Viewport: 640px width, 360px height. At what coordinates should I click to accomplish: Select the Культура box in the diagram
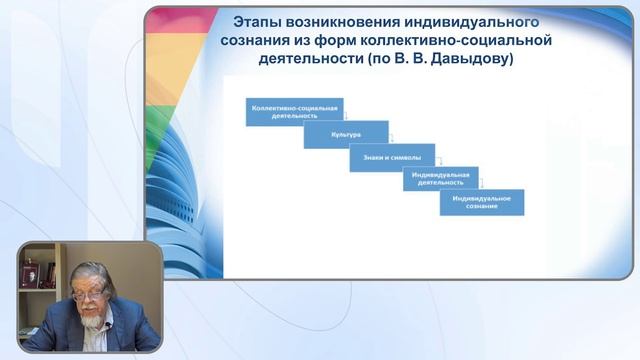click(346, 134)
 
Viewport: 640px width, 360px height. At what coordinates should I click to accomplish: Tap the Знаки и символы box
click(386, 158)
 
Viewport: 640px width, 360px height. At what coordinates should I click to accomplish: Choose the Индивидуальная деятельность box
click(441, 179)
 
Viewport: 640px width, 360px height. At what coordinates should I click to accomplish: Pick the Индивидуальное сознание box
click(481, 202)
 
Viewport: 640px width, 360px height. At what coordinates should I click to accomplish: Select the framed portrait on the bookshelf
click(30, 269)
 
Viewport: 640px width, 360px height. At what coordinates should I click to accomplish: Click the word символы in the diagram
click(403, 158)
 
